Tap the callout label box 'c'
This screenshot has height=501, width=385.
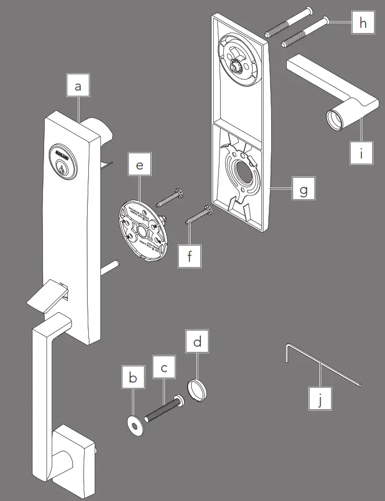coord(164,367)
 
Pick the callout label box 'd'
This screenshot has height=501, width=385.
coord(197,342)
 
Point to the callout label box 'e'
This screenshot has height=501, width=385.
coord(139,166)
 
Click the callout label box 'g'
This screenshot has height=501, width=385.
coord(303,190)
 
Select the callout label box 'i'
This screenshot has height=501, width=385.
coord(363,153)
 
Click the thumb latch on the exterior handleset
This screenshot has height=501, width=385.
coord(46,293)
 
